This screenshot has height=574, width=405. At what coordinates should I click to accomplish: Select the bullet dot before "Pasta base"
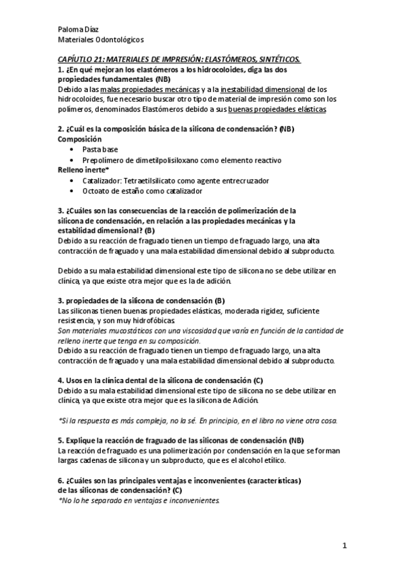pyautogui.click(x=72, y=148)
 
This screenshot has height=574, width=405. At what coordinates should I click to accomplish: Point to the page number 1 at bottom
pyautogui.click(x=344, y=545)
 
